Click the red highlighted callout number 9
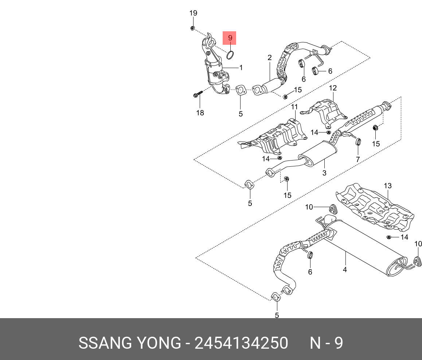click(230, 38)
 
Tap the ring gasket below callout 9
click(230, 55)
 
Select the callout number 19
click(193, 13)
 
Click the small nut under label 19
click(193, 28)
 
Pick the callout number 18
click(200, 113)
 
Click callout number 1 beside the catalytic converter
click(241, 67)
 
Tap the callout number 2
click(270, 58)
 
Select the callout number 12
click(333, 88)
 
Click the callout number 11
click(294, 107)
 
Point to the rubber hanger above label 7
click(358, 141)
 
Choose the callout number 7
click(358, 159)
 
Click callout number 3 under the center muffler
click(324, 173)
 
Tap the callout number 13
click(387, 186)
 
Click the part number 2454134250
click(241, 343)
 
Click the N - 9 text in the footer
click(326, 343)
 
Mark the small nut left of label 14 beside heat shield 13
click(389, 238)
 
